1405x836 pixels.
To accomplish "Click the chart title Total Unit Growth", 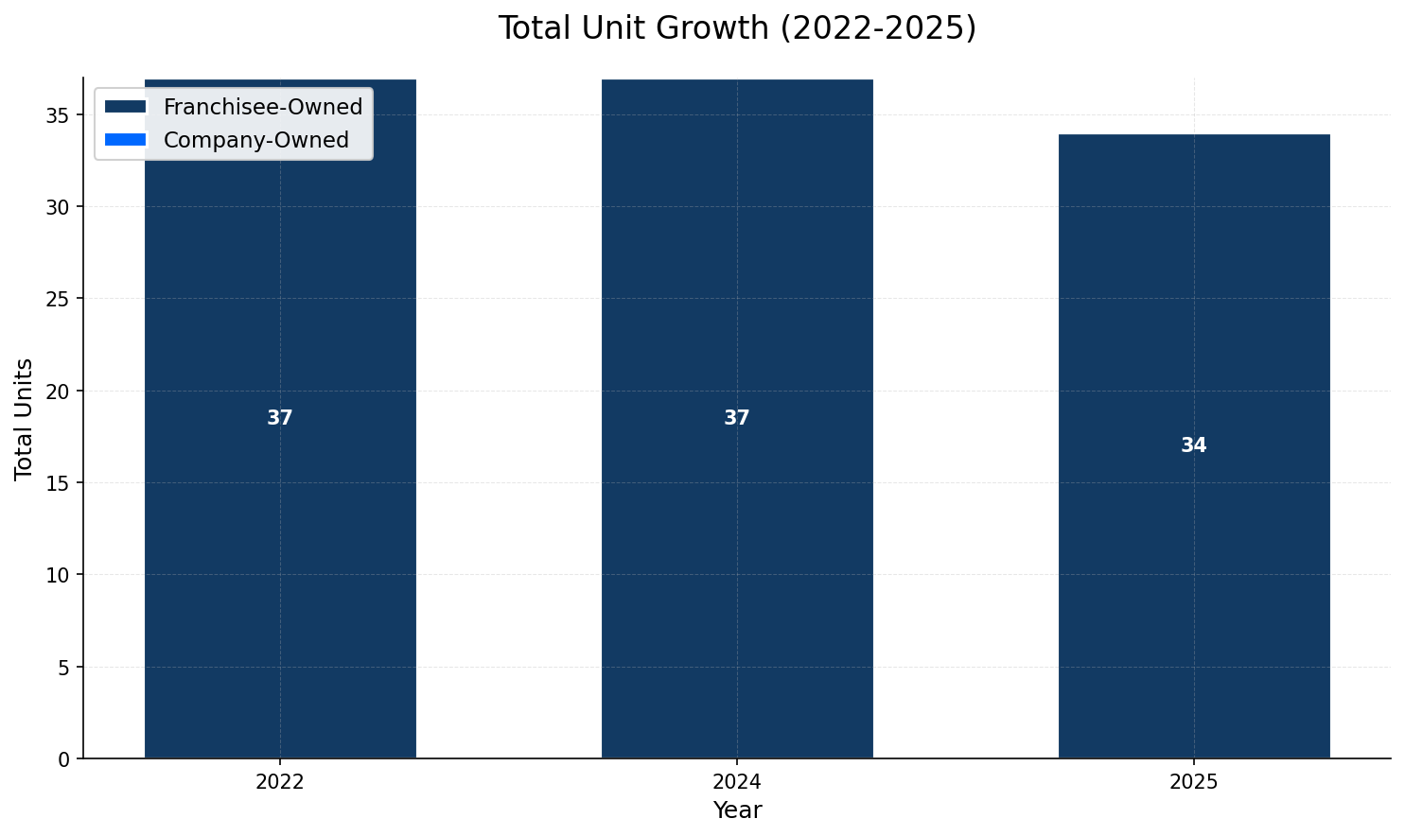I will (x=737, y=28).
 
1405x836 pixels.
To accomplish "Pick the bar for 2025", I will (x=1194, y=567).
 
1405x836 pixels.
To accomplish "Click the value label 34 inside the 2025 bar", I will (x=1194, y=445).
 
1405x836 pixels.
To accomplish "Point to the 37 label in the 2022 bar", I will (x=280, y=418).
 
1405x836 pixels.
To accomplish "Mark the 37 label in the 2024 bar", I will (x=737, y=418).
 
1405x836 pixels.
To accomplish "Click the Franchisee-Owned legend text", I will (x=263, y=107).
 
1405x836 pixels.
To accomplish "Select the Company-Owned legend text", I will (x=256, y=140).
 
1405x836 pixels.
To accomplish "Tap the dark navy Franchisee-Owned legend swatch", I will (x=126, y=107).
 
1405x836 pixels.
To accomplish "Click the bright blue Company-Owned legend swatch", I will (x=126, y=140).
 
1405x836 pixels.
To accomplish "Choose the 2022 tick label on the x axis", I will (x=280, y=782).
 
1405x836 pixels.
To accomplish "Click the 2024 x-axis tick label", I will (x=737, y=782).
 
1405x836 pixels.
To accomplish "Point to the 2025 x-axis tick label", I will (x=1194, y=782).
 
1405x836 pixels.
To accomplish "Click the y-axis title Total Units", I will (x=25, y=418).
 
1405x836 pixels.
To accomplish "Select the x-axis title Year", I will (x=737, y=810).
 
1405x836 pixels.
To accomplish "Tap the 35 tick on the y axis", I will (x=59, y=115).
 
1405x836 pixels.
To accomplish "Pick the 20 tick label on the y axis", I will (x=59, y=392).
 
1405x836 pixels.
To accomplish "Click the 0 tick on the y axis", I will (x=64, y=759).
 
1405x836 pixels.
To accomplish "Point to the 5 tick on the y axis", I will (x=64, y=668).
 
